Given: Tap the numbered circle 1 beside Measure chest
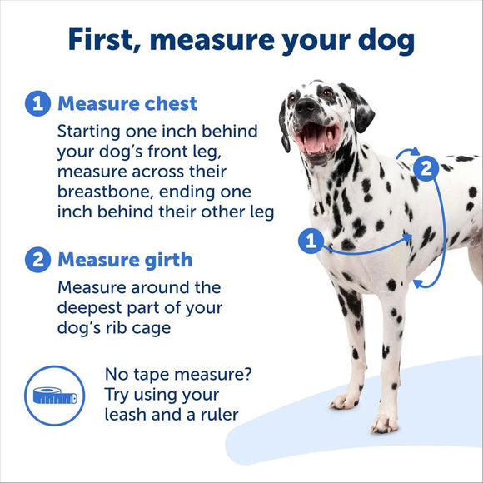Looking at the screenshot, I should point(37,104).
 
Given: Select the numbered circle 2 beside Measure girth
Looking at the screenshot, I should point(37,260).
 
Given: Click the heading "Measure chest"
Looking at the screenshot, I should point(127,104).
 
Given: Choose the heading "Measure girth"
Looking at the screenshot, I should point(125,260).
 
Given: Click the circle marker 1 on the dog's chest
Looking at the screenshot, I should point(311,242).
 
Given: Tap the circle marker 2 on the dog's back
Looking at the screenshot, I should point(426,169).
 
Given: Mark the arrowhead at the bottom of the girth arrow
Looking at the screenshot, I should point(421,284).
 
